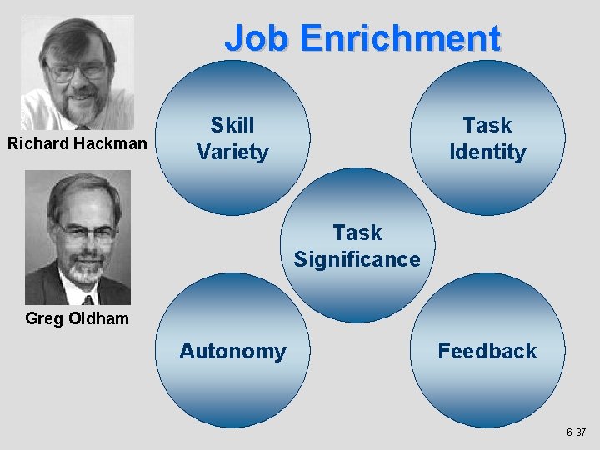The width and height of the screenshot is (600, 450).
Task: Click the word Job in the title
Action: pos(257,38)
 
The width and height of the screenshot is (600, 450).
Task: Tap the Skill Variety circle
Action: pos(232,138)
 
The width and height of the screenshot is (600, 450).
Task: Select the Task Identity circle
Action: pos(487,138)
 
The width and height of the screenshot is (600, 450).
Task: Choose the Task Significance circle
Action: pos(357,246)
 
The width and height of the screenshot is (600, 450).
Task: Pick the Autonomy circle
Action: pos(232,351)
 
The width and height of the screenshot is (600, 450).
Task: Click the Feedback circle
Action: pos(487,351)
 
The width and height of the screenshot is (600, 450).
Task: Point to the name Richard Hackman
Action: pos(77,144)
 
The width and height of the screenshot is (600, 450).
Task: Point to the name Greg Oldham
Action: pos(77,317)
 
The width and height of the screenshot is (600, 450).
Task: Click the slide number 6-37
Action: pos(576,432)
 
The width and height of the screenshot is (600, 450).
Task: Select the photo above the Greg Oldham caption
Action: pos(77,237)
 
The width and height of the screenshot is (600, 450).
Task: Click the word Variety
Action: pos(232,152)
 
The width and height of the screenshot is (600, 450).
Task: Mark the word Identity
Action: pos(487,152)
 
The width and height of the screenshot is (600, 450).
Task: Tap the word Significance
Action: pos(357,259)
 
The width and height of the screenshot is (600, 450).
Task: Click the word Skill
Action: pos(232,125)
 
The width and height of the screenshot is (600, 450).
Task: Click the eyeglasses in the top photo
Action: pos(76,70)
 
